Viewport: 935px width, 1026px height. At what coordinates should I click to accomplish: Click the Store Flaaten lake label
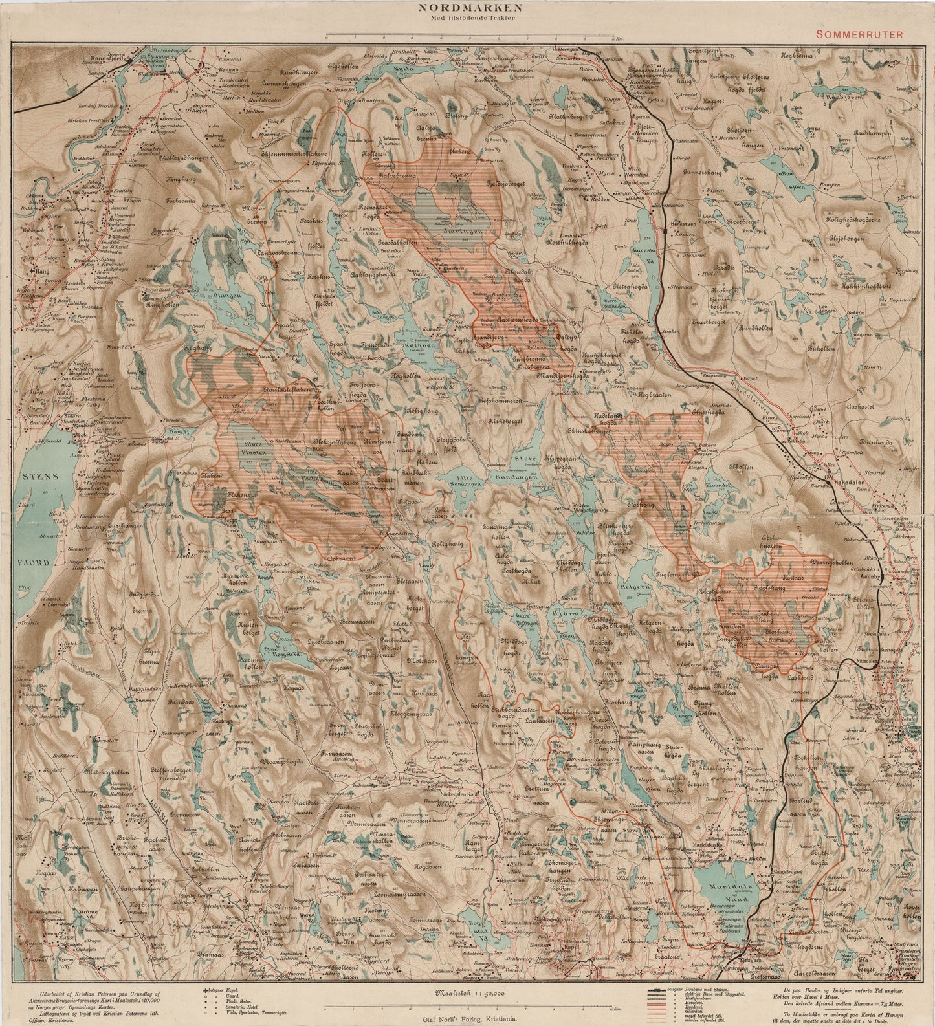click(x=255, y=448)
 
